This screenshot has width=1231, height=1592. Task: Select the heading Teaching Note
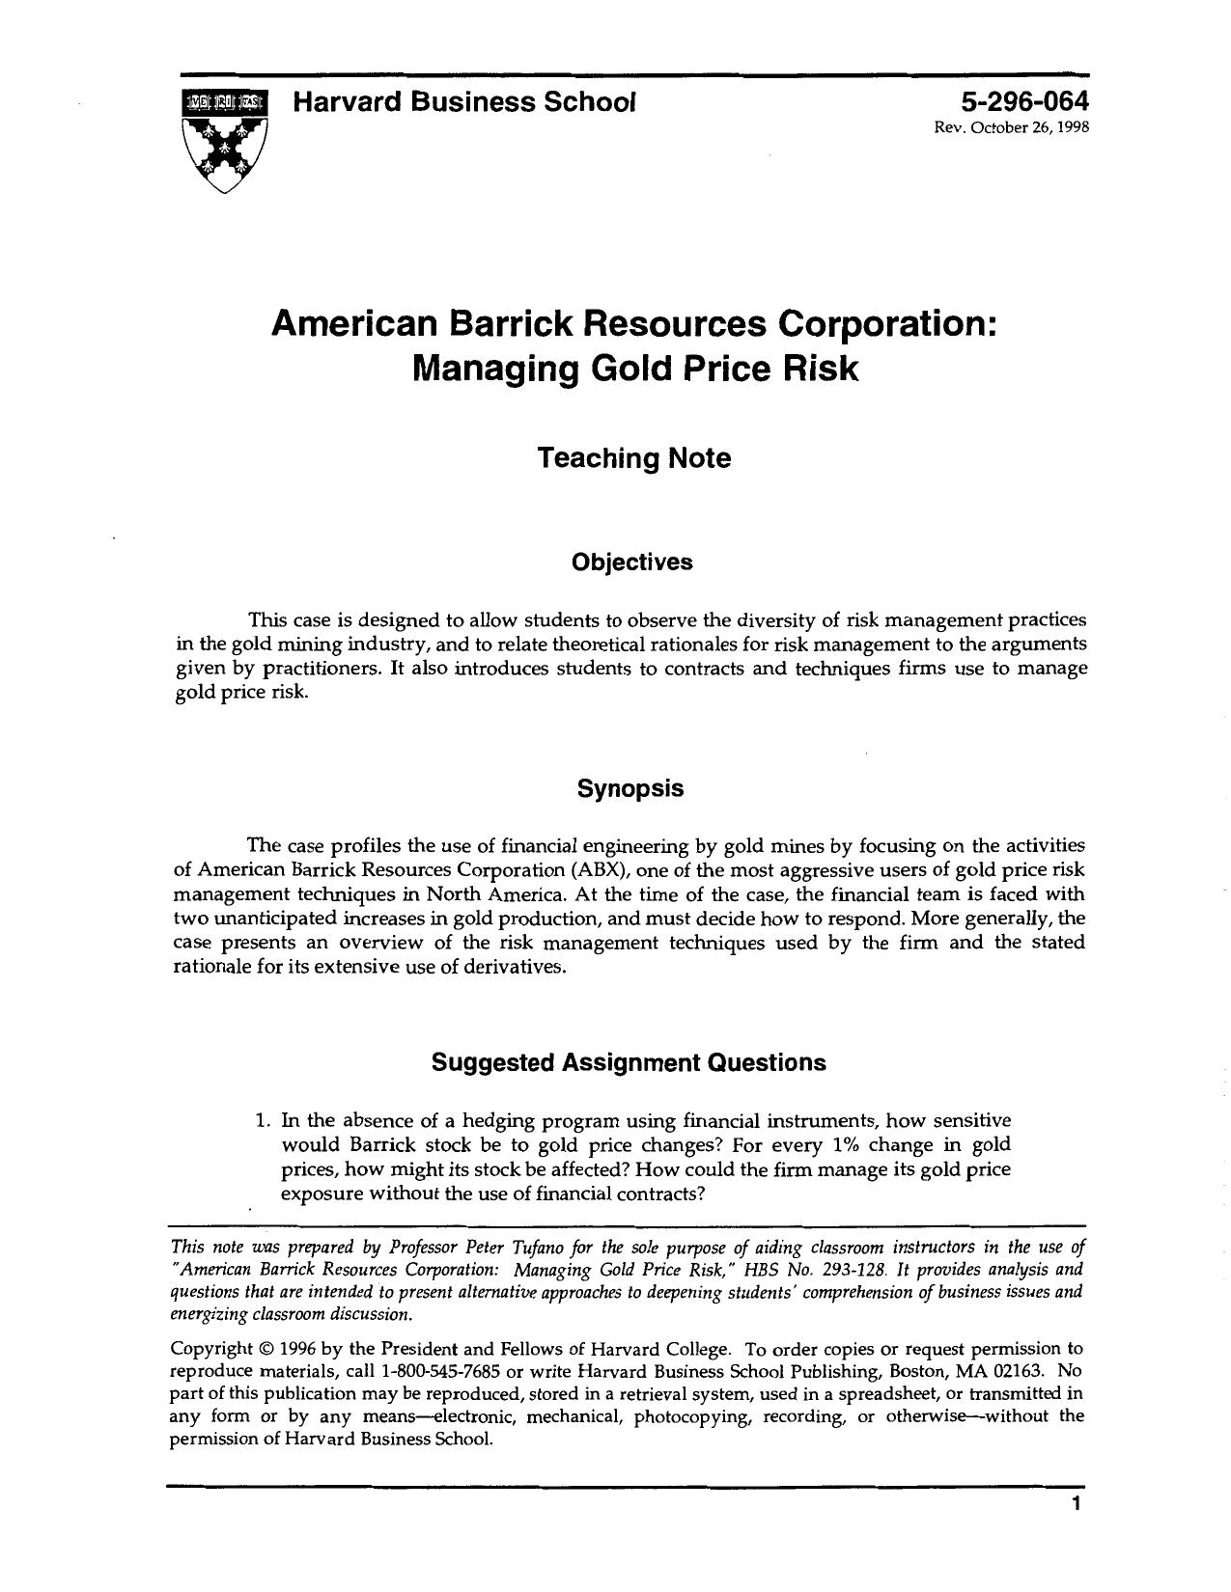(x=633, y=457)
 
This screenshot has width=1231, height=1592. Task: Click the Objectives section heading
(x=631, y=563)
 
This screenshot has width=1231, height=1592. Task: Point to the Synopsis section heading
(x=630, y=788)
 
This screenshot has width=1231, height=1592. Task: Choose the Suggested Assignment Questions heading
(x=629, y=1062)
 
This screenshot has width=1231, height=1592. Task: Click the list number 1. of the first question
(x=262, y=1121)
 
